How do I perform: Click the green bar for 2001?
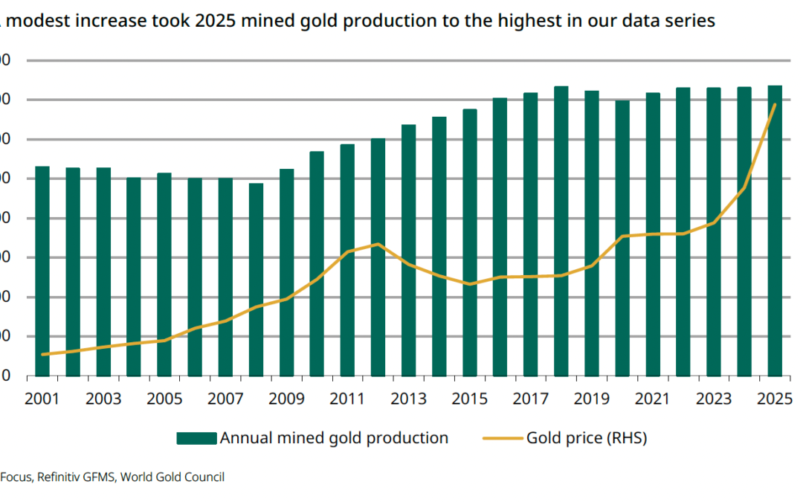(42, 271)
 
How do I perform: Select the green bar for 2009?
(286, 272)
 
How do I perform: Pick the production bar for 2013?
(408, 250)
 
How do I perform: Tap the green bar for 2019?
(591, 233)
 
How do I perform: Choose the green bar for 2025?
(774, 231)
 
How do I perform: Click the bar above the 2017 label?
(530, 234)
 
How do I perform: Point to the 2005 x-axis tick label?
(164, 399)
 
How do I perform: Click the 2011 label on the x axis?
(347, 399)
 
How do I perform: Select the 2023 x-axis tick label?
(713, 399)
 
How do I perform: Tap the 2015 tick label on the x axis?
(469, 399)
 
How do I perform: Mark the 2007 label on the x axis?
(225, 399)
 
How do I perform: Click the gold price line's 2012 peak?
(378, 244)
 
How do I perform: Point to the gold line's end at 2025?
(775, 105)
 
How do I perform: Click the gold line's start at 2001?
(43, 355)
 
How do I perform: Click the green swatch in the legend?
(196, 438)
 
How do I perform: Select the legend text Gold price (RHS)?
(587, 438)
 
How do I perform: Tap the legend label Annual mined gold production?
(334, 438)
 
